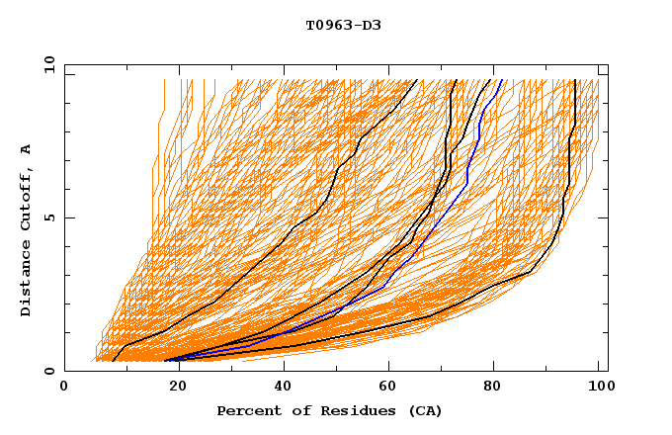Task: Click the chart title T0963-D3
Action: [343, 26]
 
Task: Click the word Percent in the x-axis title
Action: [248, 410]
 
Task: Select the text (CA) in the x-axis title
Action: [426, 410]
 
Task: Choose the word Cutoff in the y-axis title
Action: [26, 198]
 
